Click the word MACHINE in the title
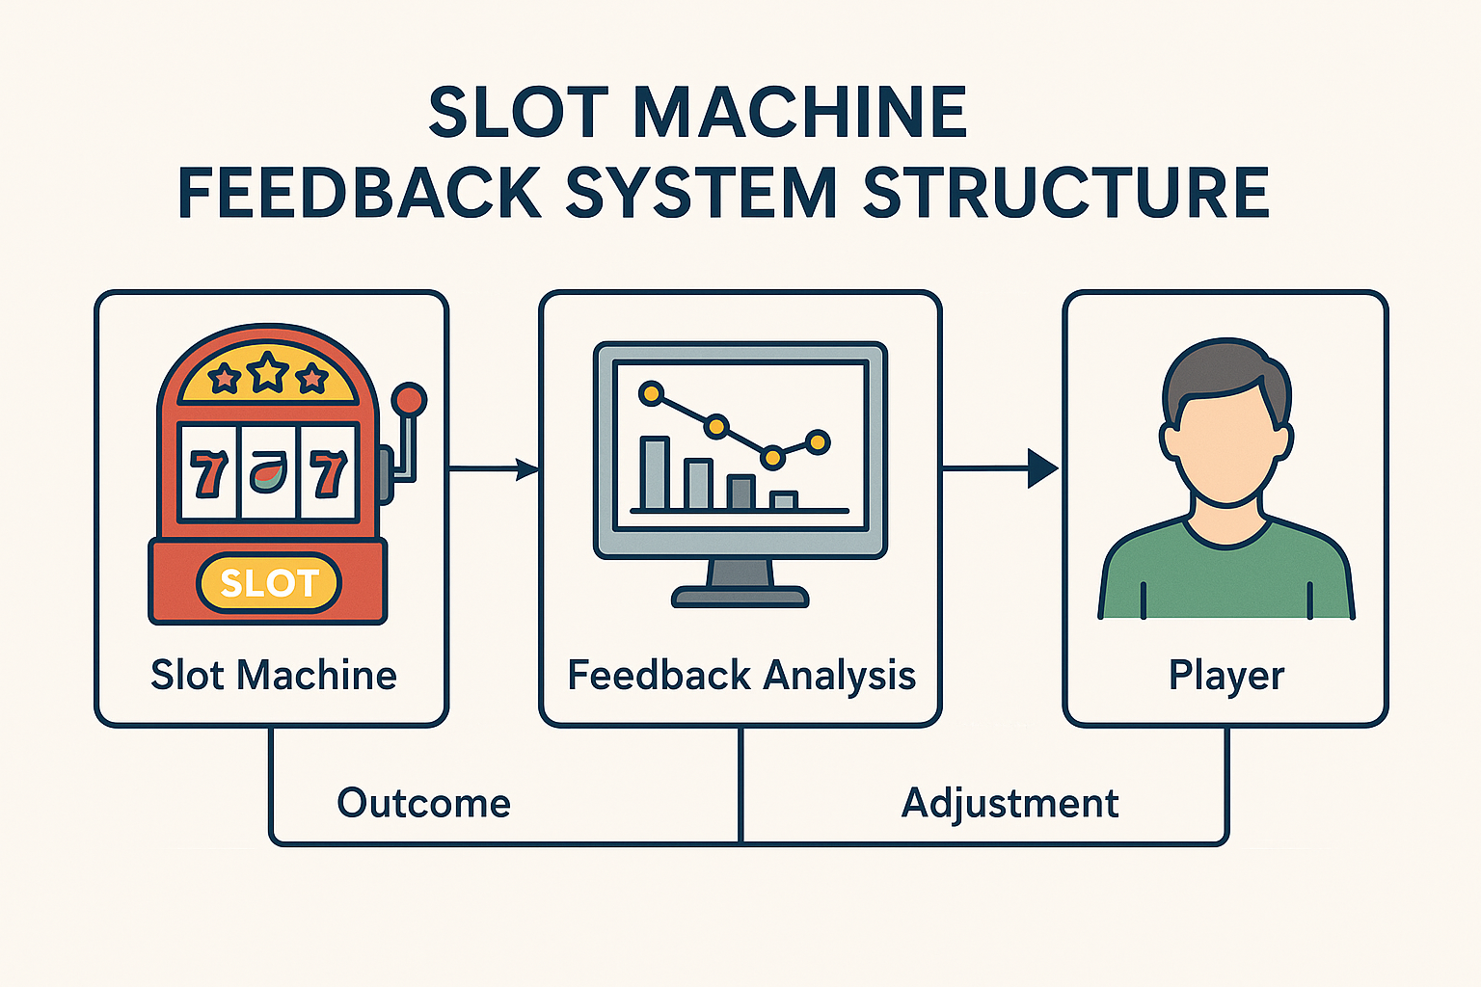pos(800,112)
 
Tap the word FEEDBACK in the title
pos(360,192)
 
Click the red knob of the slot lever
pos(409,400)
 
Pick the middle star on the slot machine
pos(267,372)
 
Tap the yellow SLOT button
pos(269,583)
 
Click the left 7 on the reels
pos(208,473)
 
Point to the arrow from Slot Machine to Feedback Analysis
pos(494,468)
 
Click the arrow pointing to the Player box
pos(1000,468)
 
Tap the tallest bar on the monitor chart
pos(656,472)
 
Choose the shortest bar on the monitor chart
pos(784,500)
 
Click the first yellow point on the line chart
pos(651,394)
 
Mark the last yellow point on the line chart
pos(818,441)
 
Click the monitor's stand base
pos(740,597)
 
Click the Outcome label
pos(424,803)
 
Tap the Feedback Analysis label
pos(741,676)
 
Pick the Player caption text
pos(1225,677)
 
